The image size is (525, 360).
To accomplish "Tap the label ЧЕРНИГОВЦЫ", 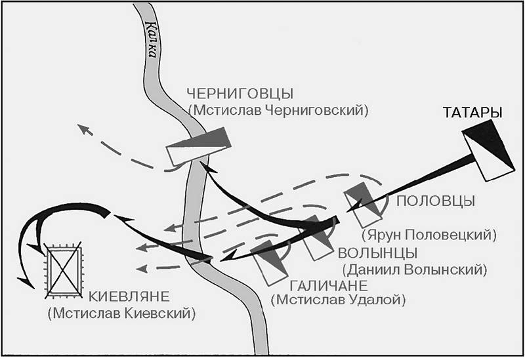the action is (x=240, y=94).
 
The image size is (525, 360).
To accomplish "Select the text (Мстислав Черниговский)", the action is (x=278, y=110).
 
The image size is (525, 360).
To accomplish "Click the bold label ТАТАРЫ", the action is (x=472, y=113).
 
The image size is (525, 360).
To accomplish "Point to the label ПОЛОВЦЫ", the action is (x=436, y=201).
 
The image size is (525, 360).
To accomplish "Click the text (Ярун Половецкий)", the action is (x=429, y=235).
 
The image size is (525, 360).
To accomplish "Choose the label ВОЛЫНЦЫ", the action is (x=378, y=253).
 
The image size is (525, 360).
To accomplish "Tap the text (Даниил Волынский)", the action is (x=415, y=270).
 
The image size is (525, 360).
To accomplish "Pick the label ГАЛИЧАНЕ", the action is (x=329, y=286).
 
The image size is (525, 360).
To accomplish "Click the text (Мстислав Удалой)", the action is (x=339, y=300).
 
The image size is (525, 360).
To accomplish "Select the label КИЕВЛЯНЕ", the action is (x=129, y=297).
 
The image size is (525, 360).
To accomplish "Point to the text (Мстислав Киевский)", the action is (x=121, y=313).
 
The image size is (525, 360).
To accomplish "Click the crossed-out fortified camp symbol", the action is (x=64, y=270).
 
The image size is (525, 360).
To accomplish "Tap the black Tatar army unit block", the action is (x=488, y=150).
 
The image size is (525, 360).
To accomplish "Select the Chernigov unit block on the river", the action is (x=199, y=146).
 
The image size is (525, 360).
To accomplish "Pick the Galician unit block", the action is (x=270, y=262).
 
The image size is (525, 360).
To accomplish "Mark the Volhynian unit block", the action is (x=317, y=238).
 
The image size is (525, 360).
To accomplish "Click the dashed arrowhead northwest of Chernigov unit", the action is (x=85, y=129).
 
